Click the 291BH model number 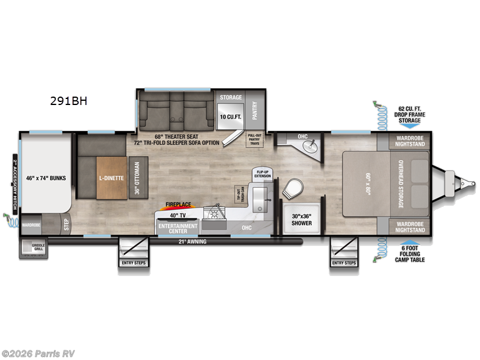[68, 101]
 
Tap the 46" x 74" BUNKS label [46, 178]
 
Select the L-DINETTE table [112, 178]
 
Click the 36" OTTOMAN [137, 178]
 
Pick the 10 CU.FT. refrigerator [230, 116]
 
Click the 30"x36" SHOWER [301, 220]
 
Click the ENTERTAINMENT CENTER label [178, 228]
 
